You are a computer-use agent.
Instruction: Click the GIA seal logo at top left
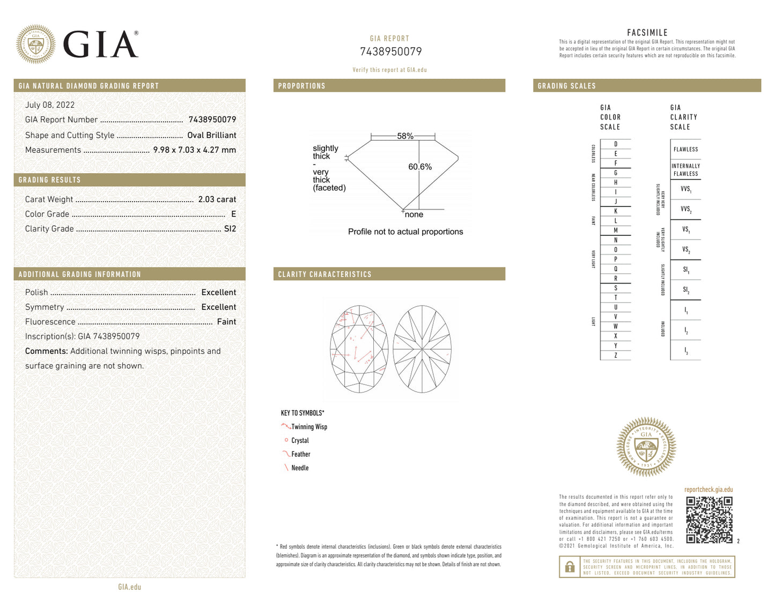click(35, 44)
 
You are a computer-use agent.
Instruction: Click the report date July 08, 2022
click(50, 105)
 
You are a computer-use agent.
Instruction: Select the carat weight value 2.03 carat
click(217, 199)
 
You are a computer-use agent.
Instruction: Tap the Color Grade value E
click(233, 214)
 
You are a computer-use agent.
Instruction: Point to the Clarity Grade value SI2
click(230, 228)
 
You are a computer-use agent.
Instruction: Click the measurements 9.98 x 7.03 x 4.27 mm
click(194, 150)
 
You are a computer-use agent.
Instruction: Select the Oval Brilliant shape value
click(211, 135)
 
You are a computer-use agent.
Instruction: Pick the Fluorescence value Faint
click(226, 322)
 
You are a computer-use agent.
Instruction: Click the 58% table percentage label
click(405, 136)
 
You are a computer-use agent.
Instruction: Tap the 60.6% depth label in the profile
click(420, 167)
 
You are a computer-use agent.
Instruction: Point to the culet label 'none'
click(414, 215)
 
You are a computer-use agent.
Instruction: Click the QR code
click(709, 520)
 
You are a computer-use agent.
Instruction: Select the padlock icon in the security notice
click(570, 567)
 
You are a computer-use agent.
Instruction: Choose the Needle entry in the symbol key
click(300, 468)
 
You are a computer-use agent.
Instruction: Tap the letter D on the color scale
click(616, 144)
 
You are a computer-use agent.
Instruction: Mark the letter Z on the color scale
click(616, 355)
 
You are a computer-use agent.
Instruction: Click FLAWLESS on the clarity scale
click(685, 150)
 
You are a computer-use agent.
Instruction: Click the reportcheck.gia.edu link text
click(708, 490)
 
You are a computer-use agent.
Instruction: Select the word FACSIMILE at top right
click(647, 33)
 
